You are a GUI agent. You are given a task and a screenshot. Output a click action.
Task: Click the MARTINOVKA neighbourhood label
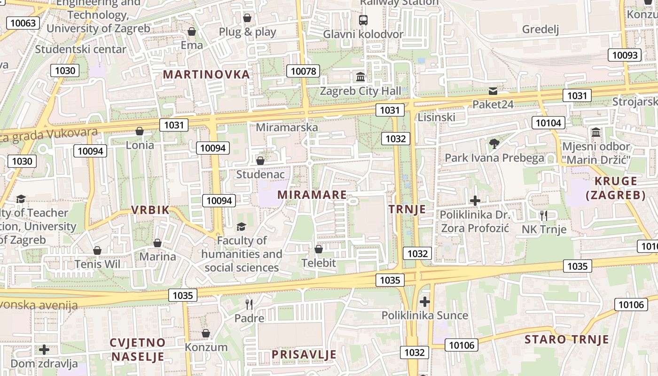[x=206, y=74]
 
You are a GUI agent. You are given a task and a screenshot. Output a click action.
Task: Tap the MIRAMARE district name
[x=312, y=195]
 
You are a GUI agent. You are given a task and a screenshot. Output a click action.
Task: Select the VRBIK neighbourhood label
[x=150, y=210]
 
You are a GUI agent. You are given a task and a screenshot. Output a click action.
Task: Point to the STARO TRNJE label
[x=566, y=339]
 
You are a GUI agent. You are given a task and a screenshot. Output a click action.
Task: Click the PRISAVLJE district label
[x=304, y=354]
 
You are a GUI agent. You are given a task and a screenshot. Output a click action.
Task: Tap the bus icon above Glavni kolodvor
[x=363, y=20]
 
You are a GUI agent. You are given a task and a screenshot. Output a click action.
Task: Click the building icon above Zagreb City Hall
[x=360, y=77]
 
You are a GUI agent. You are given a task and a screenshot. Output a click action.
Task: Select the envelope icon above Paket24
[x=493, y=91]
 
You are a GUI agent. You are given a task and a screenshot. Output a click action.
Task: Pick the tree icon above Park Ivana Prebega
[x=494, y=144]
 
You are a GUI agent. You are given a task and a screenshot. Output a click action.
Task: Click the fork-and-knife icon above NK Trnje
[x=544, y=216]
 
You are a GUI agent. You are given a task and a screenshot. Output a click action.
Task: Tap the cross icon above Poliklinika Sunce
[x=425, y=301]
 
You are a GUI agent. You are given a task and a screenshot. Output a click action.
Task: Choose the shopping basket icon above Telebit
[x=319, y=249]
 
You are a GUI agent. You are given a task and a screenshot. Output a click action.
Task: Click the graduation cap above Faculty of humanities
[x=242, y=227]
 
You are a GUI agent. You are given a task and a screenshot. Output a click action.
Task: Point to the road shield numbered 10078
[x=303, y=71]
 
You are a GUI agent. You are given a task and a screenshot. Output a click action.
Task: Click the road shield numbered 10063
[x=23, y=23]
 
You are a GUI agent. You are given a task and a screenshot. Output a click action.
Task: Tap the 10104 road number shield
[x=548, y=123]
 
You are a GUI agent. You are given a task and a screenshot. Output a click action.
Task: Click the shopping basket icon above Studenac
[x=260, y=161]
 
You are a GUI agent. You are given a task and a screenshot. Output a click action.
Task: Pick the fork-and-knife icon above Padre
[x=249, y=305]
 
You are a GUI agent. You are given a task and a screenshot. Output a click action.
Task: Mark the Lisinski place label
[x=437, y=117]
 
